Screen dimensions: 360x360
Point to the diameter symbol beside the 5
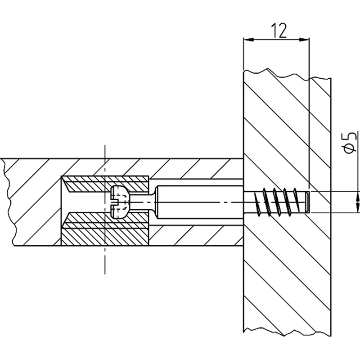[x=347, y=149]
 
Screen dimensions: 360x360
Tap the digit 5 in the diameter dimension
[x=347, y=136]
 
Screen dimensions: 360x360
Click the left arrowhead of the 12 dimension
[x=247, y=40]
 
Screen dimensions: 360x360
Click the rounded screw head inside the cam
[x=120, y=201]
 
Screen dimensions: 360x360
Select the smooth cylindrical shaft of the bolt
[x=198, y=201]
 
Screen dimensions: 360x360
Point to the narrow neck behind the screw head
[x=143, y=201]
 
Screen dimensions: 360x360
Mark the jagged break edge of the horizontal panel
[x=6, y=202]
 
